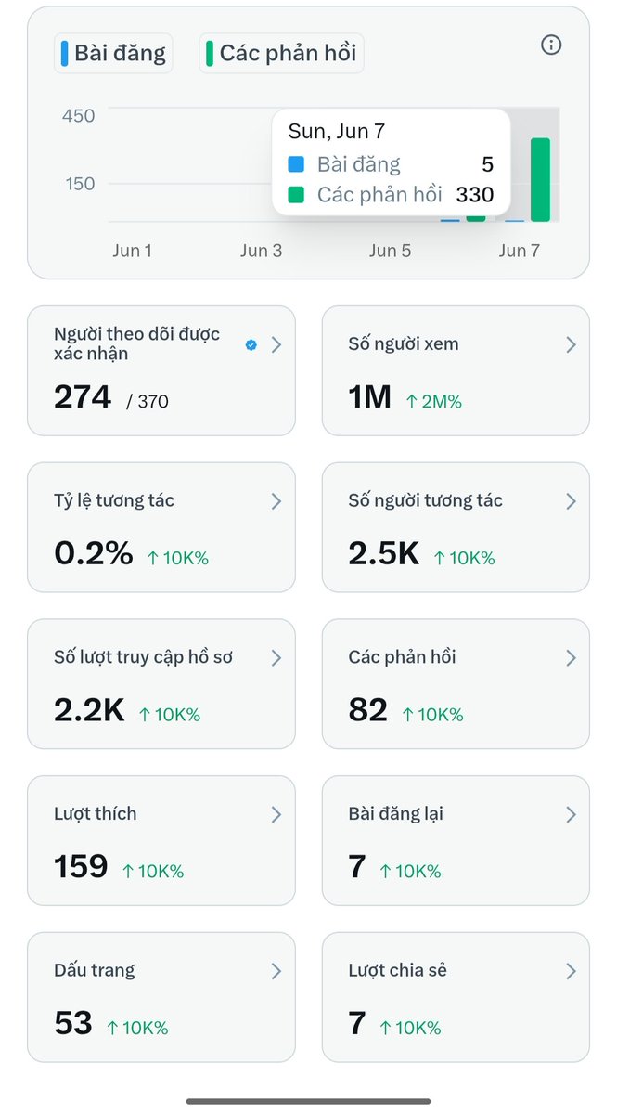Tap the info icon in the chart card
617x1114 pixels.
(551, 45)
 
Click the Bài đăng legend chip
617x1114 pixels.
(113, 53)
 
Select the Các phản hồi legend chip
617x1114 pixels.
(281, 53)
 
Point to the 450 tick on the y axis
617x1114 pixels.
(79, 116)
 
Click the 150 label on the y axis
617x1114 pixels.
(80, 184)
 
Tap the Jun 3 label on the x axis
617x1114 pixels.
(261, 251)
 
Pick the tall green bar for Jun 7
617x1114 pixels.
(540, 179)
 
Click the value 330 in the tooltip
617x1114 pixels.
(475, 194)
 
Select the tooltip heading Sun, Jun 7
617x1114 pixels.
(337, 131)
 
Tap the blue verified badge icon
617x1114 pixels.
(251, 344)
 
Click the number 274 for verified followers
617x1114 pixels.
(83, 397)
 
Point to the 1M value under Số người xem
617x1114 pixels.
(370, 397)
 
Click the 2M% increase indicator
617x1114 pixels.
(434, 401)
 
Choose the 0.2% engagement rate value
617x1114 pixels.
(94, 553)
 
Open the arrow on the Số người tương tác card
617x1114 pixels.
(571, 501)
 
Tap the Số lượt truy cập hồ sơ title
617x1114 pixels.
(143, 657)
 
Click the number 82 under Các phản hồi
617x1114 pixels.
(368, 709)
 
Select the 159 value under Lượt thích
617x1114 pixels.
(81, 866)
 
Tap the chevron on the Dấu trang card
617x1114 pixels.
(276, 971)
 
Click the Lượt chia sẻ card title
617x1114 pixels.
(397, 970)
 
